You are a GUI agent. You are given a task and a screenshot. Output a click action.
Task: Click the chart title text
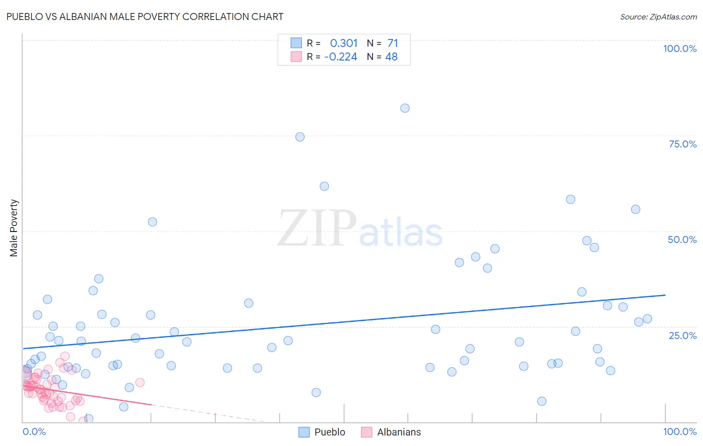pos(145,16)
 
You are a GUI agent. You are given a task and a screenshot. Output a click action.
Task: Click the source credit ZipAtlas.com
pos(658,16)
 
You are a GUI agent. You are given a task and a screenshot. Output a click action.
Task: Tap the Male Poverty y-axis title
pos(13,228)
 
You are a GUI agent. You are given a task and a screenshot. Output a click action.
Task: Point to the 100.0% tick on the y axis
pos(679,48)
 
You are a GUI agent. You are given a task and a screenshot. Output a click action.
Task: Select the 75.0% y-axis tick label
pos(682,144)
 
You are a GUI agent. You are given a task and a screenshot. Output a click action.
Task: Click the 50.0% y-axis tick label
pos(682,239)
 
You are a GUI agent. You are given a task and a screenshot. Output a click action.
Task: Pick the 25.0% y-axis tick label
pos(682,335)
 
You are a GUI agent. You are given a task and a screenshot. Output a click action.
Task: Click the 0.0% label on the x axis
pos(34,431)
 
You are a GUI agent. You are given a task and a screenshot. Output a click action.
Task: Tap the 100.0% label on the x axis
pos(679,431)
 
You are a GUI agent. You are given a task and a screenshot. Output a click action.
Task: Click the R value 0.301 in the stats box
pos(343,43)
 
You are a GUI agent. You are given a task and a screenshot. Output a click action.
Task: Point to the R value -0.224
pos(340,57)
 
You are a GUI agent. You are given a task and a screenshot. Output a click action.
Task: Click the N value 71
pos(392,43)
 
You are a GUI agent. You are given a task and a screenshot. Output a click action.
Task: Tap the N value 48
pos(391,57)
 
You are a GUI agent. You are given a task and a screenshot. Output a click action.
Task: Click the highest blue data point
pos(405,108)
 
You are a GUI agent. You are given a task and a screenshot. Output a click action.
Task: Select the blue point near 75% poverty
pos(300,137)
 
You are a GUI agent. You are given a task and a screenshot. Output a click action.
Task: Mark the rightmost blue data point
pos(647,319)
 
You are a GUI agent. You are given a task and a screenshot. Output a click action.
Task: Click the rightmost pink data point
pos(140,382)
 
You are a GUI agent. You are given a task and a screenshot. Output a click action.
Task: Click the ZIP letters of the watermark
pos(317,229)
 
